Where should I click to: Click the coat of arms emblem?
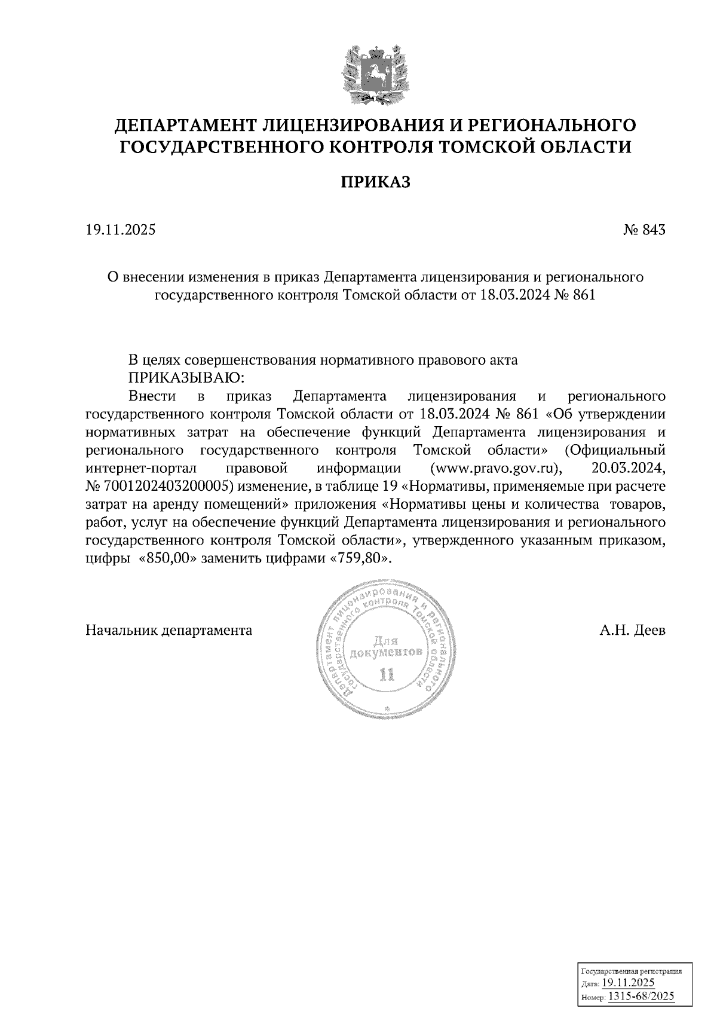(x=375, y=73)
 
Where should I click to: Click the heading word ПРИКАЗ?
(x=375, y=182)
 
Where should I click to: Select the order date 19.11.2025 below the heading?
(x=121, y=230)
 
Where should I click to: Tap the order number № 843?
(x=644, y=230)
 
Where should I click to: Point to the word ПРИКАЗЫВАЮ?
(x=187, y=378)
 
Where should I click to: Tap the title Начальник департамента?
(x=169, y=630)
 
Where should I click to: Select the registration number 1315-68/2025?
(x=641, y=995)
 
